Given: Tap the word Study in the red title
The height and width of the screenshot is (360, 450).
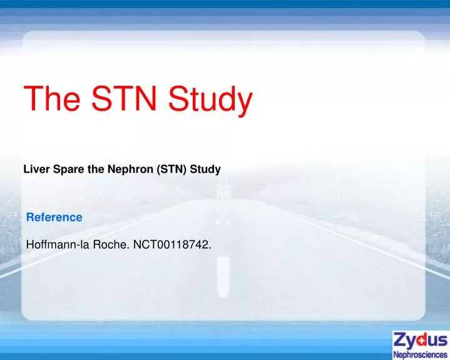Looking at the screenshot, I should [x=213, y=100].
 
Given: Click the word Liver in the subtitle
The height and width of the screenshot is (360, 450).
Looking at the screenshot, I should [x=35, y=169].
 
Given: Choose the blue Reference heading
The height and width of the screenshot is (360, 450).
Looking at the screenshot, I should [x=54, y=217].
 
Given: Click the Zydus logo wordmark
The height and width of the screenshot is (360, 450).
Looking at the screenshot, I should [x=420, y=341].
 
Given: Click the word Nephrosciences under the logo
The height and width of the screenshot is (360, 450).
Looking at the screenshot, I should [x=420, y=354].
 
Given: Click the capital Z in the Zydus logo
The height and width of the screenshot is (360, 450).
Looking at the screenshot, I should [x=401, y=341].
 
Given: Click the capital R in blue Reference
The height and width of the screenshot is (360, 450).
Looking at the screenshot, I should [x=29, y=217].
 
